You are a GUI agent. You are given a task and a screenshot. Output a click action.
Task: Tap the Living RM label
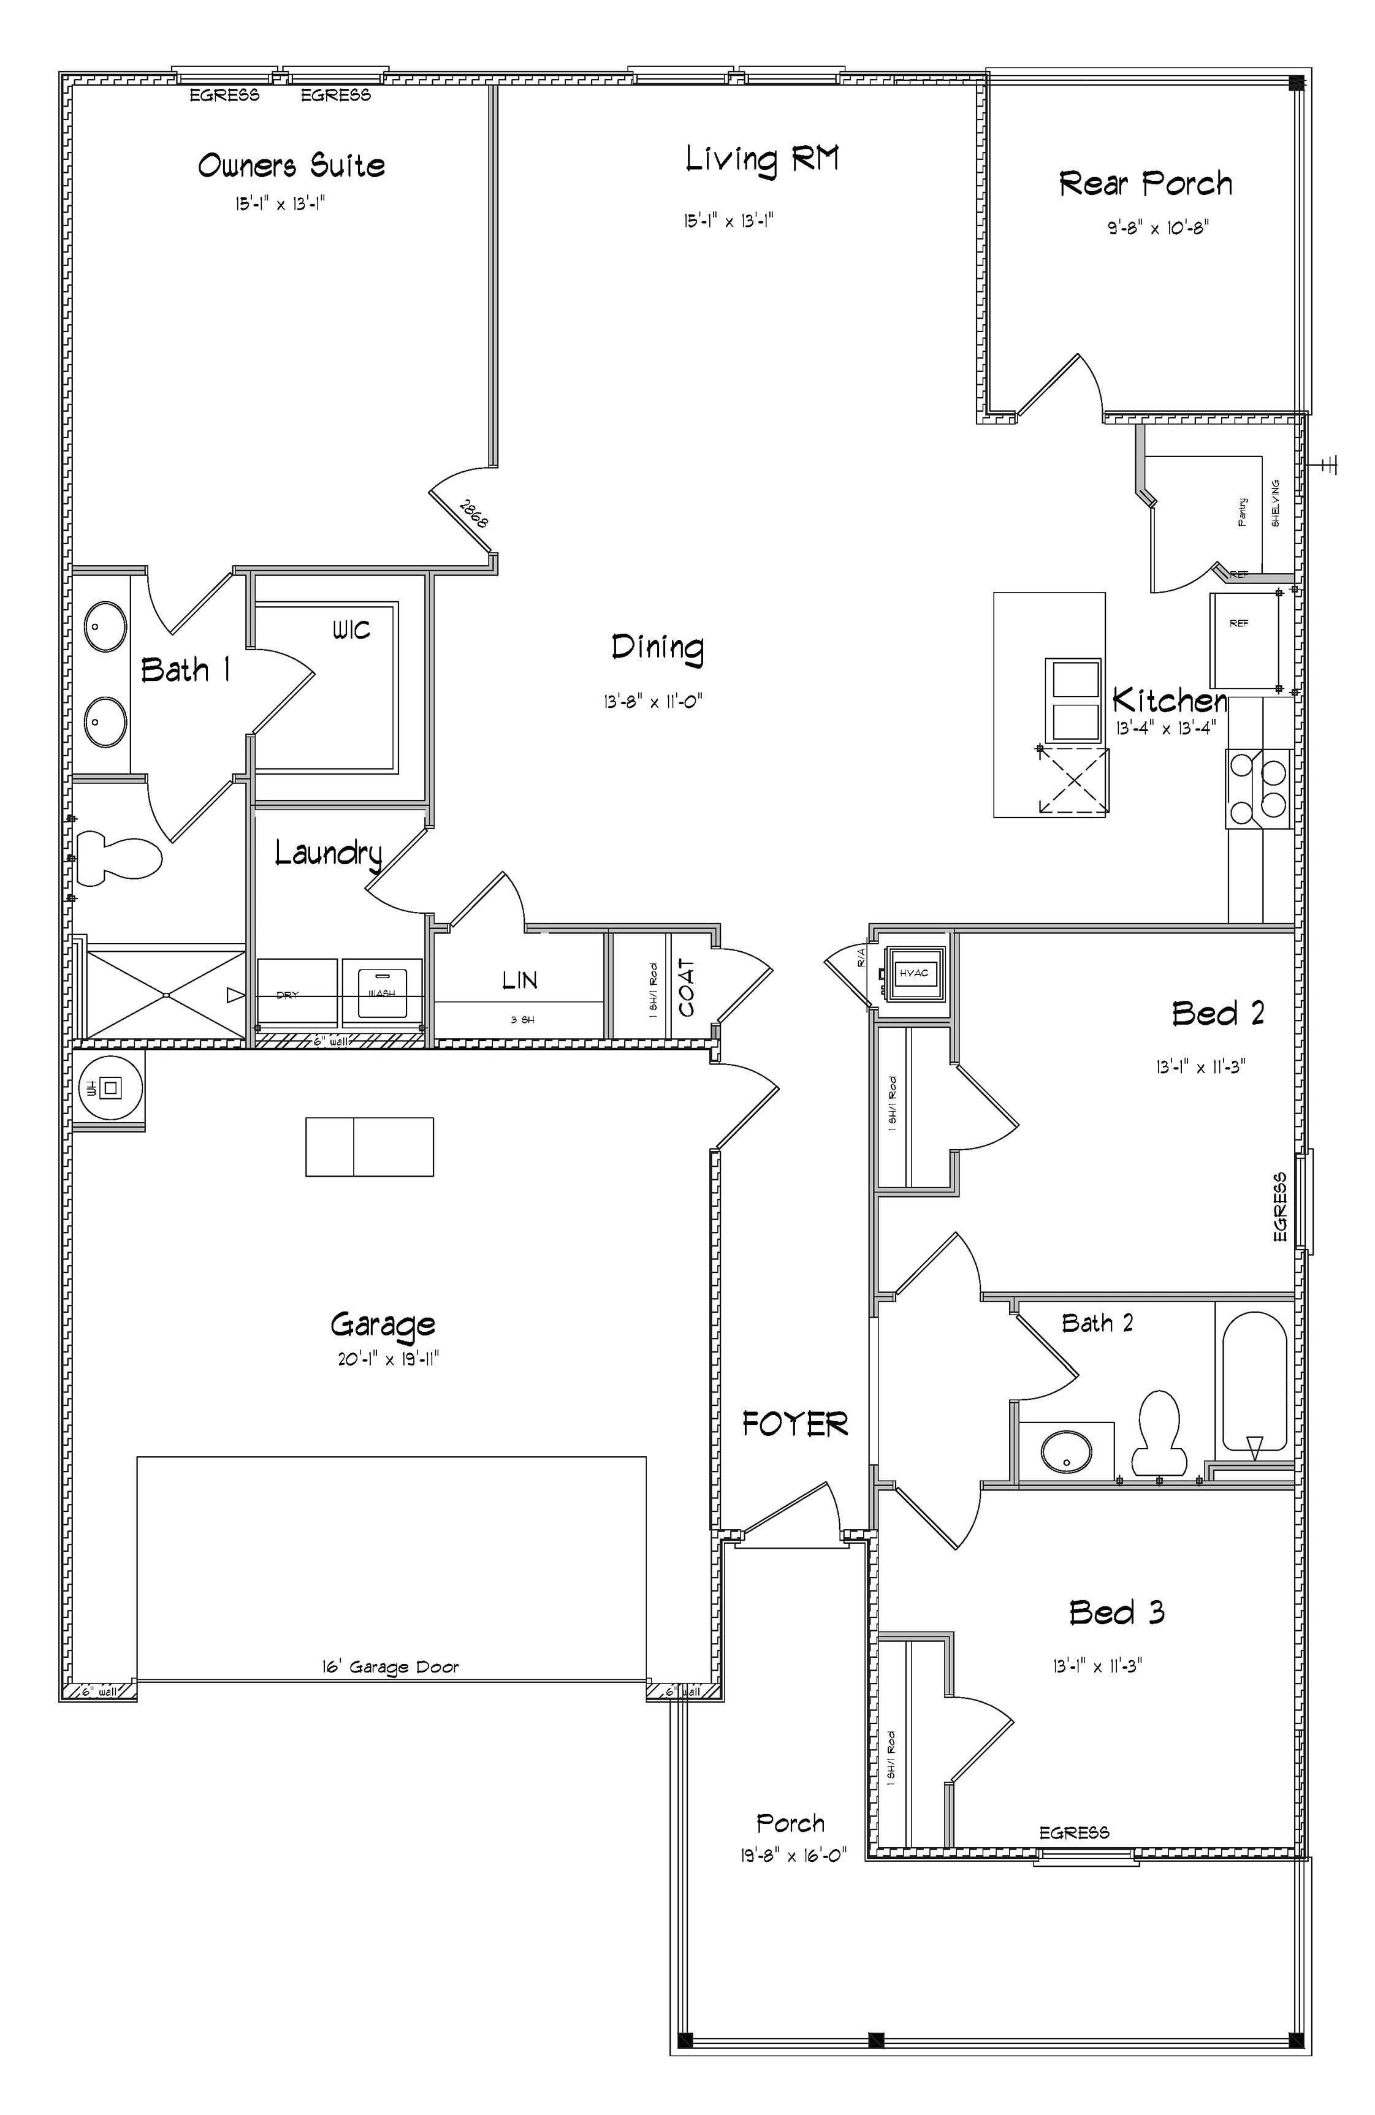click(x=762, y=160)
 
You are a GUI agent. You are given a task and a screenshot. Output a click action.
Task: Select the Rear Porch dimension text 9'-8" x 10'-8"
click(x=1157, y=227)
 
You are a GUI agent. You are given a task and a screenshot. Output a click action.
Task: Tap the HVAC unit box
click(x=914, y=973)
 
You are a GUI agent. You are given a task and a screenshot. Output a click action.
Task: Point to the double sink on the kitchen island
click(x=1073, y=699)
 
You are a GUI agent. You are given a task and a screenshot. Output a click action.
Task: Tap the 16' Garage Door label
click(x=390, y=1667)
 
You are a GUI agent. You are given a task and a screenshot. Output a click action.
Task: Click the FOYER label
click(x=794, y=1424)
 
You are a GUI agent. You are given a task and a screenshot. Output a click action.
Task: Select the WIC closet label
click(x=351, y=631)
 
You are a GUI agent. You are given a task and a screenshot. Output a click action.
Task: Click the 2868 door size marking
click(x=474, y=514)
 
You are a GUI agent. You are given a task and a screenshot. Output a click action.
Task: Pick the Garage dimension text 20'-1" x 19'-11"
click(x=389, y=1359)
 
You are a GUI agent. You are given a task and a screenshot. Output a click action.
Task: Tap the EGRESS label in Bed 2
click(x=1279, y=1206)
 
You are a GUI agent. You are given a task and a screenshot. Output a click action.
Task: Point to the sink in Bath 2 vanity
click(x=1065, y=1451)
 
